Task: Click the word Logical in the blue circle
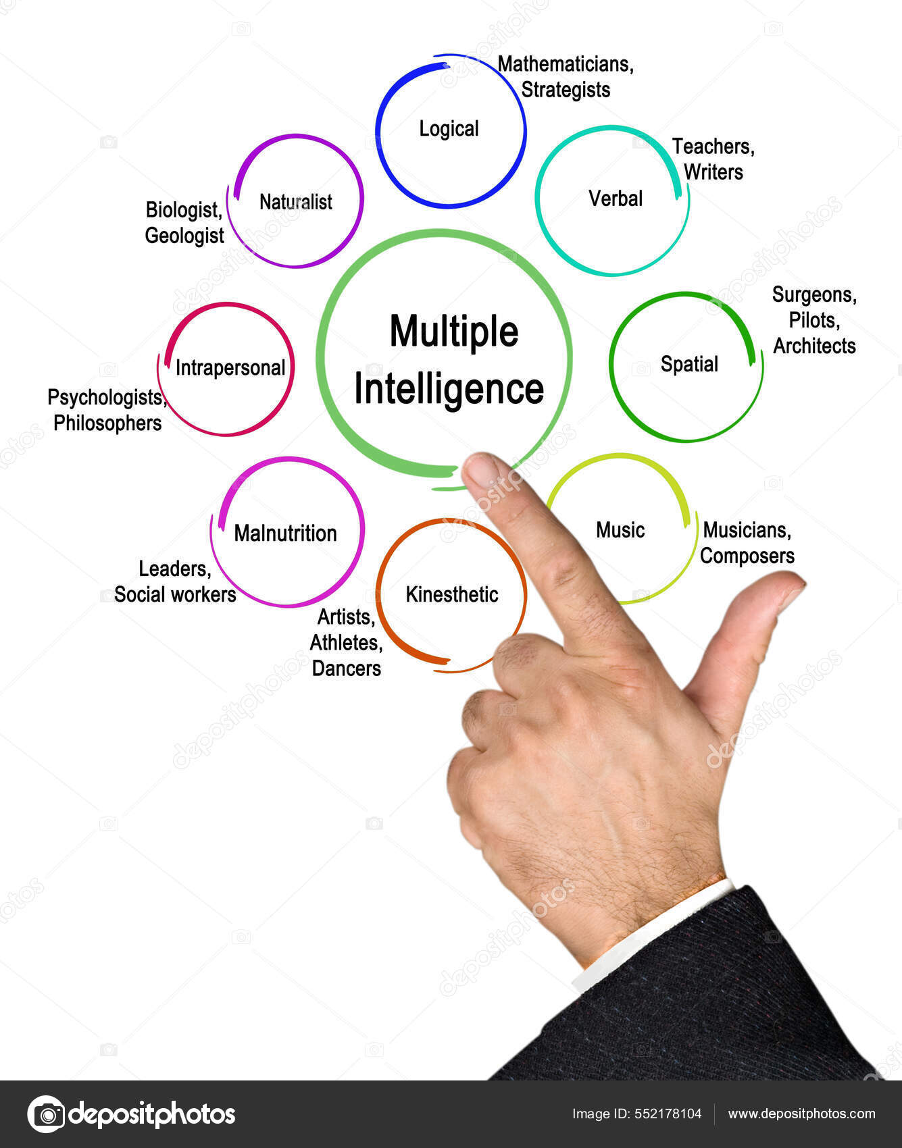[x=449, y=128]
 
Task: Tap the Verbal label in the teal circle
[x=615, y=199]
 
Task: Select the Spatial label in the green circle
[x=689, y=364]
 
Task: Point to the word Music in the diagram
[x=620, y=530]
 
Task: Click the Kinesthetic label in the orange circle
[x=452, y=594]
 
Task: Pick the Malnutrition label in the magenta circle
[x=285, y=533]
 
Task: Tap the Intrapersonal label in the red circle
[x=230, y=367]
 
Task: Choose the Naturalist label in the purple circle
[x=296, y=202]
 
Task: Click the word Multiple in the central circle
[x=453, y=332]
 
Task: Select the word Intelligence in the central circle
[x=449, y=390]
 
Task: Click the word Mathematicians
[x=566, y=65]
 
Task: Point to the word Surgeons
[x=814, y=295]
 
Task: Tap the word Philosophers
[x=107, y=423]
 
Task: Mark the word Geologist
[x=184, y=236]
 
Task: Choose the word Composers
[x=747, y=556]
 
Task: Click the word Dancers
[x=347, y=669]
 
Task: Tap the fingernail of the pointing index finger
[x=481, y=470]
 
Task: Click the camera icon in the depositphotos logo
[x=47, y=1114]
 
